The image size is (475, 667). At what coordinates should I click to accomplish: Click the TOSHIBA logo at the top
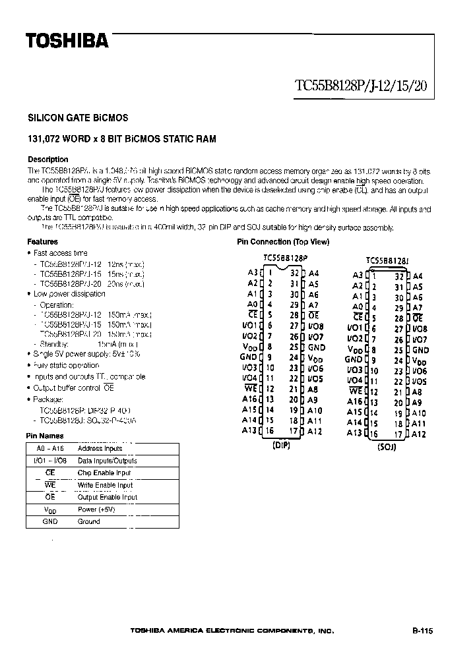point(67,42)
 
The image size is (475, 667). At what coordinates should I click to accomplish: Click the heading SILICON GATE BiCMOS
point(78,118)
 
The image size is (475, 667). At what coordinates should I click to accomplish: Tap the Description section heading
point(47,159)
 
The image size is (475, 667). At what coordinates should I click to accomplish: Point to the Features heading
point(42,242)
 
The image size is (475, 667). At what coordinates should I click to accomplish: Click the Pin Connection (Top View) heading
point(283,242)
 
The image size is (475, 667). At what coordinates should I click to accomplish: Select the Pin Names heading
point(44,436)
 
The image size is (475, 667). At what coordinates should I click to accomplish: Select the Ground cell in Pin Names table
point(89,521)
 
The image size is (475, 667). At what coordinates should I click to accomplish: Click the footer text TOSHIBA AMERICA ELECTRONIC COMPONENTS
point(232,631)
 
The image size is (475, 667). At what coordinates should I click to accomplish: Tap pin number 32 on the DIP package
point(294,272)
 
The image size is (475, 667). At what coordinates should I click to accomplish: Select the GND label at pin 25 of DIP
point(317,347)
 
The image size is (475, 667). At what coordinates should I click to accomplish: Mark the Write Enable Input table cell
point(106,485)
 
